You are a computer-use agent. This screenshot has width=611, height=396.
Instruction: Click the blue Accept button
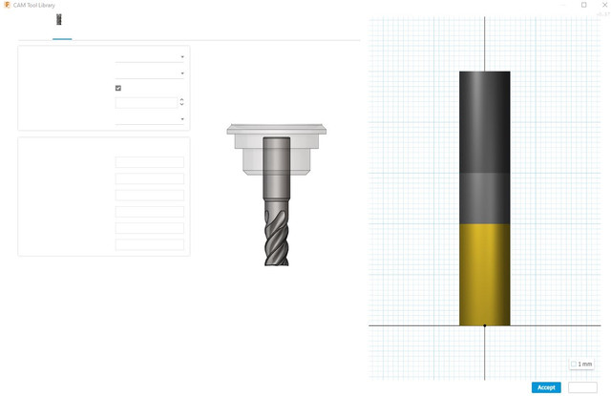[546, 387]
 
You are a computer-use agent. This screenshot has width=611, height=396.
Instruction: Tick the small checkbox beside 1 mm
[574, 365]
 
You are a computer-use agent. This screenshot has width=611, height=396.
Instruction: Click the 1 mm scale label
[585, 365]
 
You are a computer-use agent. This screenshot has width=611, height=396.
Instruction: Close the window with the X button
[604, 5]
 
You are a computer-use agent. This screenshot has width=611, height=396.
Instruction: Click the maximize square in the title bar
[583, 5]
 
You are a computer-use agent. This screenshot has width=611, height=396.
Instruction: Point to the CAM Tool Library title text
[34, 5]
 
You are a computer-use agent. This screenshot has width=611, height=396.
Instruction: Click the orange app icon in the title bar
[7, 5]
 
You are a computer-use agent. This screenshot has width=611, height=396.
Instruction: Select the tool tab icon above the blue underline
[59, 19]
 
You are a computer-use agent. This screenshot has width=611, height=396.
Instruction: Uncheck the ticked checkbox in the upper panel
[118, 88]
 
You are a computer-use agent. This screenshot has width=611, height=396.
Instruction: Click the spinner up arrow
[181, 99]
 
